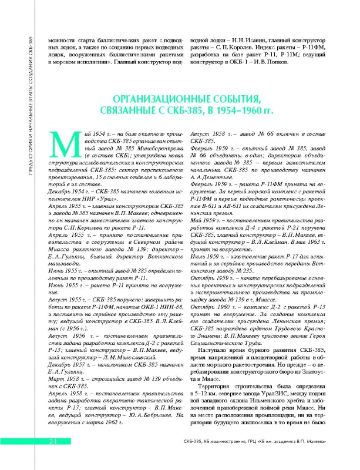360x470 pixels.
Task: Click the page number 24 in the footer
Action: [x=52, y=458]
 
